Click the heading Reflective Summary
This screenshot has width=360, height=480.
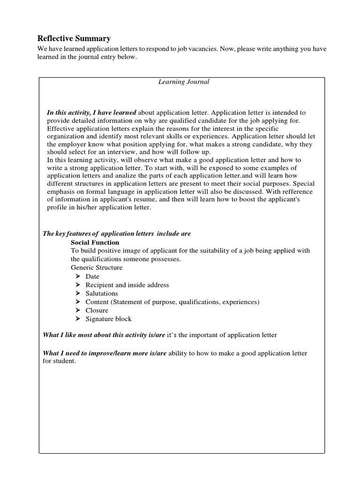(74, 38)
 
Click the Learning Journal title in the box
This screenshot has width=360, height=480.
(183, 82)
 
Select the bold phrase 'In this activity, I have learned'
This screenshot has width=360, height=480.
(91, 113)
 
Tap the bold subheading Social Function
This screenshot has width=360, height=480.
(95, 242)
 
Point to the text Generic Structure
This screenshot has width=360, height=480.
(97, 268)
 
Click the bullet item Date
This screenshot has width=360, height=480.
(92, 277)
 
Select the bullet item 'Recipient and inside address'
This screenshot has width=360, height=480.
(127, 285)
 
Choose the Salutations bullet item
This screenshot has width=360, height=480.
(102, 293)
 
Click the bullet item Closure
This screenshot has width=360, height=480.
(97, 310)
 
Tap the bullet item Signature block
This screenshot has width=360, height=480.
(108, 319)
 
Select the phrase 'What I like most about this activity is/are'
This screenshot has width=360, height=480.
(104, 335)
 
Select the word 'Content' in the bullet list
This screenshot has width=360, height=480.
(97, 302)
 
